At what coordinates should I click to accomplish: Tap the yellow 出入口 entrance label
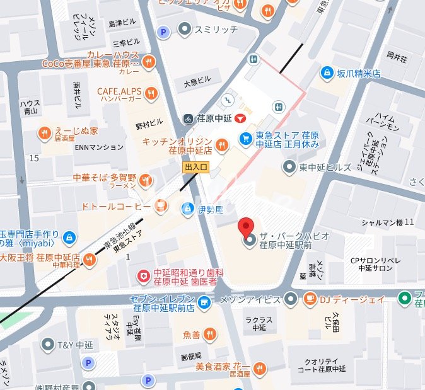click(x=195, y=168)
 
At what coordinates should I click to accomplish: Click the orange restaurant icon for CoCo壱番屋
click(x=149, y=61)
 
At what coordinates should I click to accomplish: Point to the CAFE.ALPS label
click(x=119, y=92)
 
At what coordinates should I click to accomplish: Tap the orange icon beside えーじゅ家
click(x=44, y=132)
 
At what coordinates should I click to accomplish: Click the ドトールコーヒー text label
click(x=115, y=206)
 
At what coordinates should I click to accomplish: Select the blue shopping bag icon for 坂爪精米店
click(x=327, y=73)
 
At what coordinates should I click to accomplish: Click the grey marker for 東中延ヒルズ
click(x=289, y=166)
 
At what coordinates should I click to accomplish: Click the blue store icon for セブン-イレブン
click(x=204, y=303)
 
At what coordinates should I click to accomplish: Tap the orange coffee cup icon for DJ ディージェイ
click(x=310, y=299)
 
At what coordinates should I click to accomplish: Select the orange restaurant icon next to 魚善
click(x=209, y=334)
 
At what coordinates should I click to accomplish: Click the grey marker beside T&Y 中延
click(x=48, y=344)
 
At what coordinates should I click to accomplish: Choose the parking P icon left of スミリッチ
click(x=164, y=32)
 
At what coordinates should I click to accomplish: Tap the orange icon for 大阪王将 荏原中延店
click(x=90, y=259)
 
